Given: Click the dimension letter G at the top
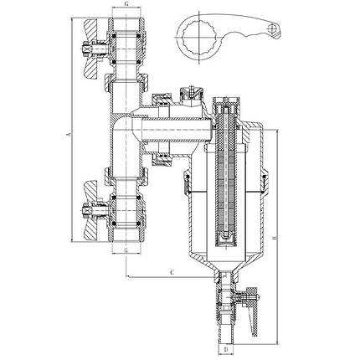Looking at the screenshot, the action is (x=126, y=3).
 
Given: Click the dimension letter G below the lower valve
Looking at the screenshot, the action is (x=126, y=249).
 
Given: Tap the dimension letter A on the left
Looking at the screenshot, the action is (x=68, y=135).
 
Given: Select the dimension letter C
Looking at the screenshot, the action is (x=172, y=272).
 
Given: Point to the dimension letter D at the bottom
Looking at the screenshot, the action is (x=226, y=349).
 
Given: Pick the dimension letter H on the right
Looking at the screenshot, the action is (x=275, y=238).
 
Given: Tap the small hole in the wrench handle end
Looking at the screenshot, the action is (x=272, y=28).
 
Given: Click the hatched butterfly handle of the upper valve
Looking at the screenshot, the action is (x=91, y=49).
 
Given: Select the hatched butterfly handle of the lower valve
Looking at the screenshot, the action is (x=91, y=210).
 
